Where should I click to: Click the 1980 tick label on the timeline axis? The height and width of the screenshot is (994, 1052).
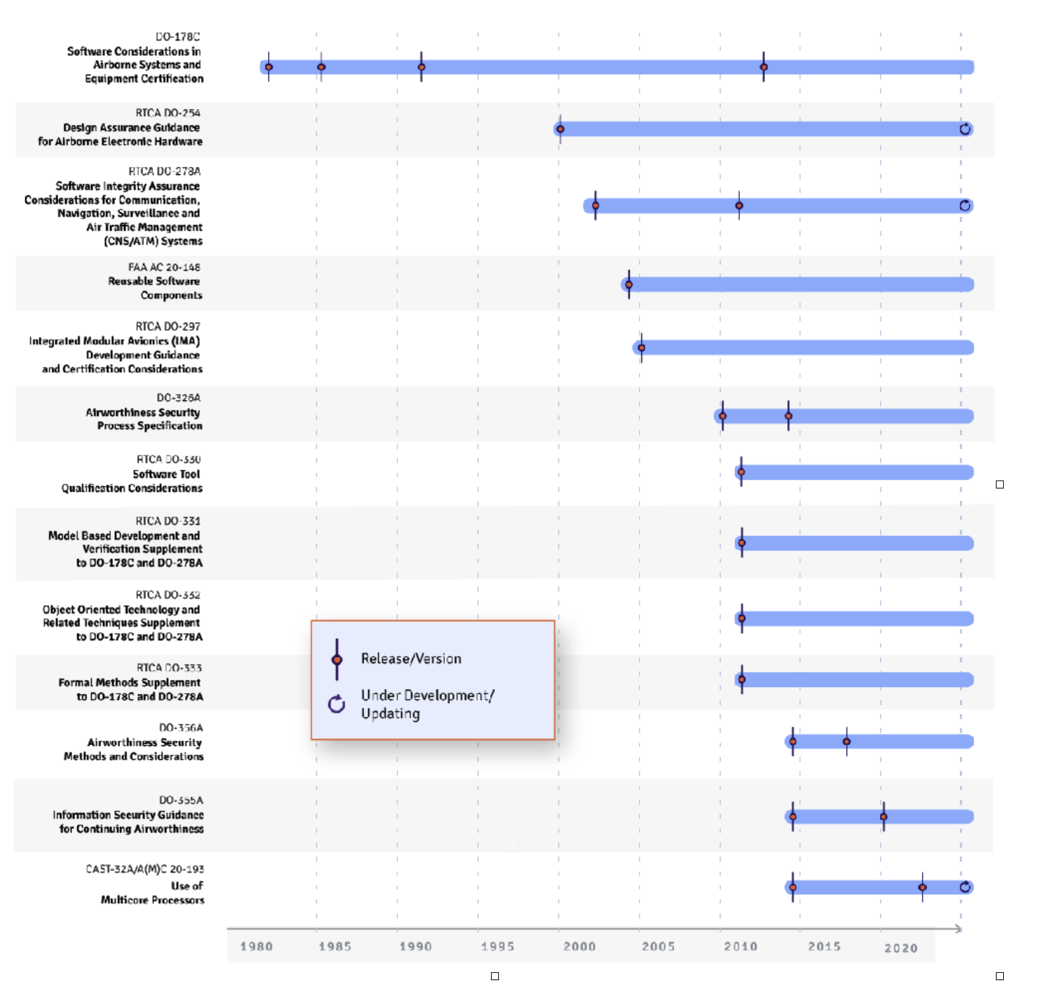[256, 946]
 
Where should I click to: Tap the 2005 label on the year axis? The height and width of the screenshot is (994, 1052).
[658, 946]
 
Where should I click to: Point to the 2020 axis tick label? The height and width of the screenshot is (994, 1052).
[901, 947]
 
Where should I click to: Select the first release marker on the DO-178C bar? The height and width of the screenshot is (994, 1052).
[269, 67]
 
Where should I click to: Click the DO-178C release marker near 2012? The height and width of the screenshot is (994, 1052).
[764, 67]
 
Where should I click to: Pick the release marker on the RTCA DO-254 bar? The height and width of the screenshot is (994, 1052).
[560, 129]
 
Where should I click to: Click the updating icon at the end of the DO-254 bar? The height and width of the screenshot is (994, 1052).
[965, 129]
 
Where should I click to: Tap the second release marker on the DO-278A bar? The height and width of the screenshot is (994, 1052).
[739, 205]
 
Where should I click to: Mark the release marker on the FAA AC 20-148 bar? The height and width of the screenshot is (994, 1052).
[629, 284]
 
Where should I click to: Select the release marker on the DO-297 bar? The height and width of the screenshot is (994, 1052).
[641, 347]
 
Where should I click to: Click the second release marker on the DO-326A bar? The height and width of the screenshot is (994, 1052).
[789, 416]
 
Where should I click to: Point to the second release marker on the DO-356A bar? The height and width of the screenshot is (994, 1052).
[847, 741]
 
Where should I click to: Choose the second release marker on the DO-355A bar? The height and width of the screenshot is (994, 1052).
[884, 816]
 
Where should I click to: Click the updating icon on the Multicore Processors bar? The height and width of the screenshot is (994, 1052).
[965, 887]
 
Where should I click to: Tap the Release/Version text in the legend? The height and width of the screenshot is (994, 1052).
[411, 658]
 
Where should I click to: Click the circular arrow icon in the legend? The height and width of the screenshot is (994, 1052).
[337, 704]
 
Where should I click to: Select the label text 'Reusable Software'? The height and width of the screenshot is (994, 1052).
[154, 281]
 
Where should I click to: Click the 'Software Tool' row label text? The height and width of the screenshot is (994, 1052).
[166, 474]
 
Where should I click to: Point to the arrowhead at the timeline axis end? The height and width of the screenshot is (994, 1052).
[958, 929]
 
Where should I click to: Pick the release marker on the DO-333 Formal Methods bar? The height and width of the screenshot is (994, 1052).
[742, 679]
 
